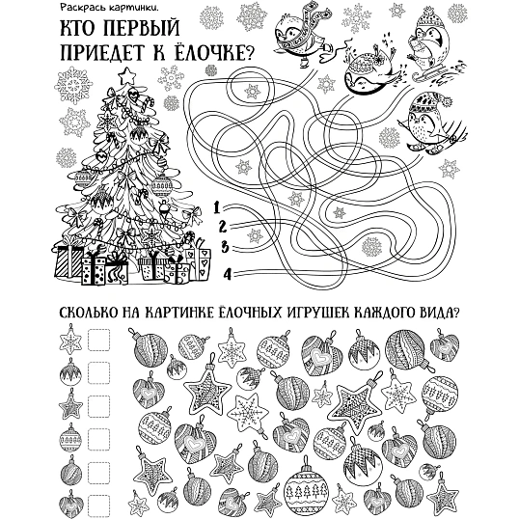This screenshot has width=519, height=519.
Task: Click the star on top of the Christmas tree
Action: (126, 76)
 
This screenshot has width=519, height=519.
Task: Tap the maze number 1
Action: (216, 207)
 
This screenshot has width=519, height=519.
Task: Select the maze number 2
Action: (223, 227)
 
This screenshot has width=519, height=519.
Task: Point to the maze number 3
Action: (225, 247)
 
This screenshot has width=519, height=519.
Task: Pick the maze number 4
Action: (228, 274)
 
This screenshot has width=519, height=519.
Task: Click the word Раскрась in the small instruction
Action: (77, 8)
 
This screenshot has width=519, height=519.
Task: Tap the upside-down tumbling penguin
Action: (369, 68)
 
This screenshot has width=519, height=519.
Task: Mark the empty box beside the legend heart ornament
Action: (98, 505)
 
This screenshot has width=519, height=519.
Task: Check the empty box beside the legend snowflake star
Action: (98, 340)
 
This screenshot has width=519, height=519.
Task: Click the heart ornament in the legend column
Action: (71, 505)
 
